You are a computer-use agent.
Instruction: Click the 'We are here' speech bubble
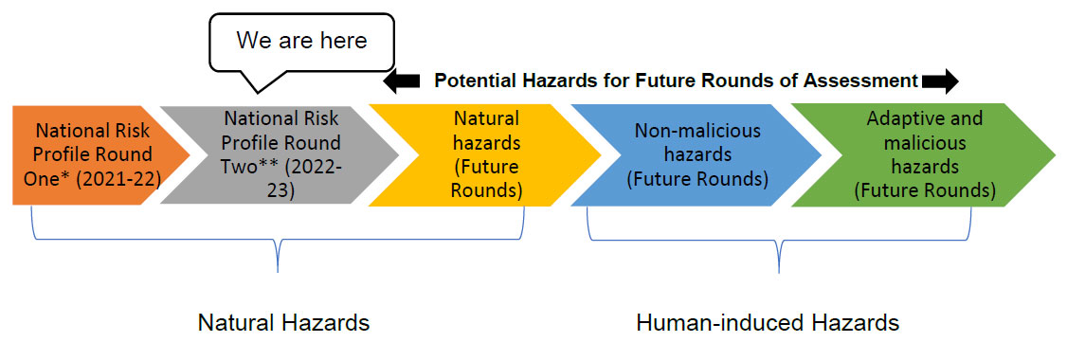300,41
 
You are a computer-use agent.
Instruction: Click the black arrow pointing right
940,82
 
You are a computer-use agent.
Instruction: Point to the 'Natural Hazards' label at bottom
283,323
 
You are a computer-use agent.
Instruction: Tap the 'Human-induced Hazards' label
768,323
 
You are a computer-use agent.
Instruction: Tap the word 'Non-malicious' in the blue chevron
697,131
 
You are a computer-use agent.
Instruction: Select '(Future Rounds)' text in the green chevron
924,189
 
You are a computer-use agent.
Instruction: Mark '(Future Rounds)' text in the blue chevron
697,177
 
